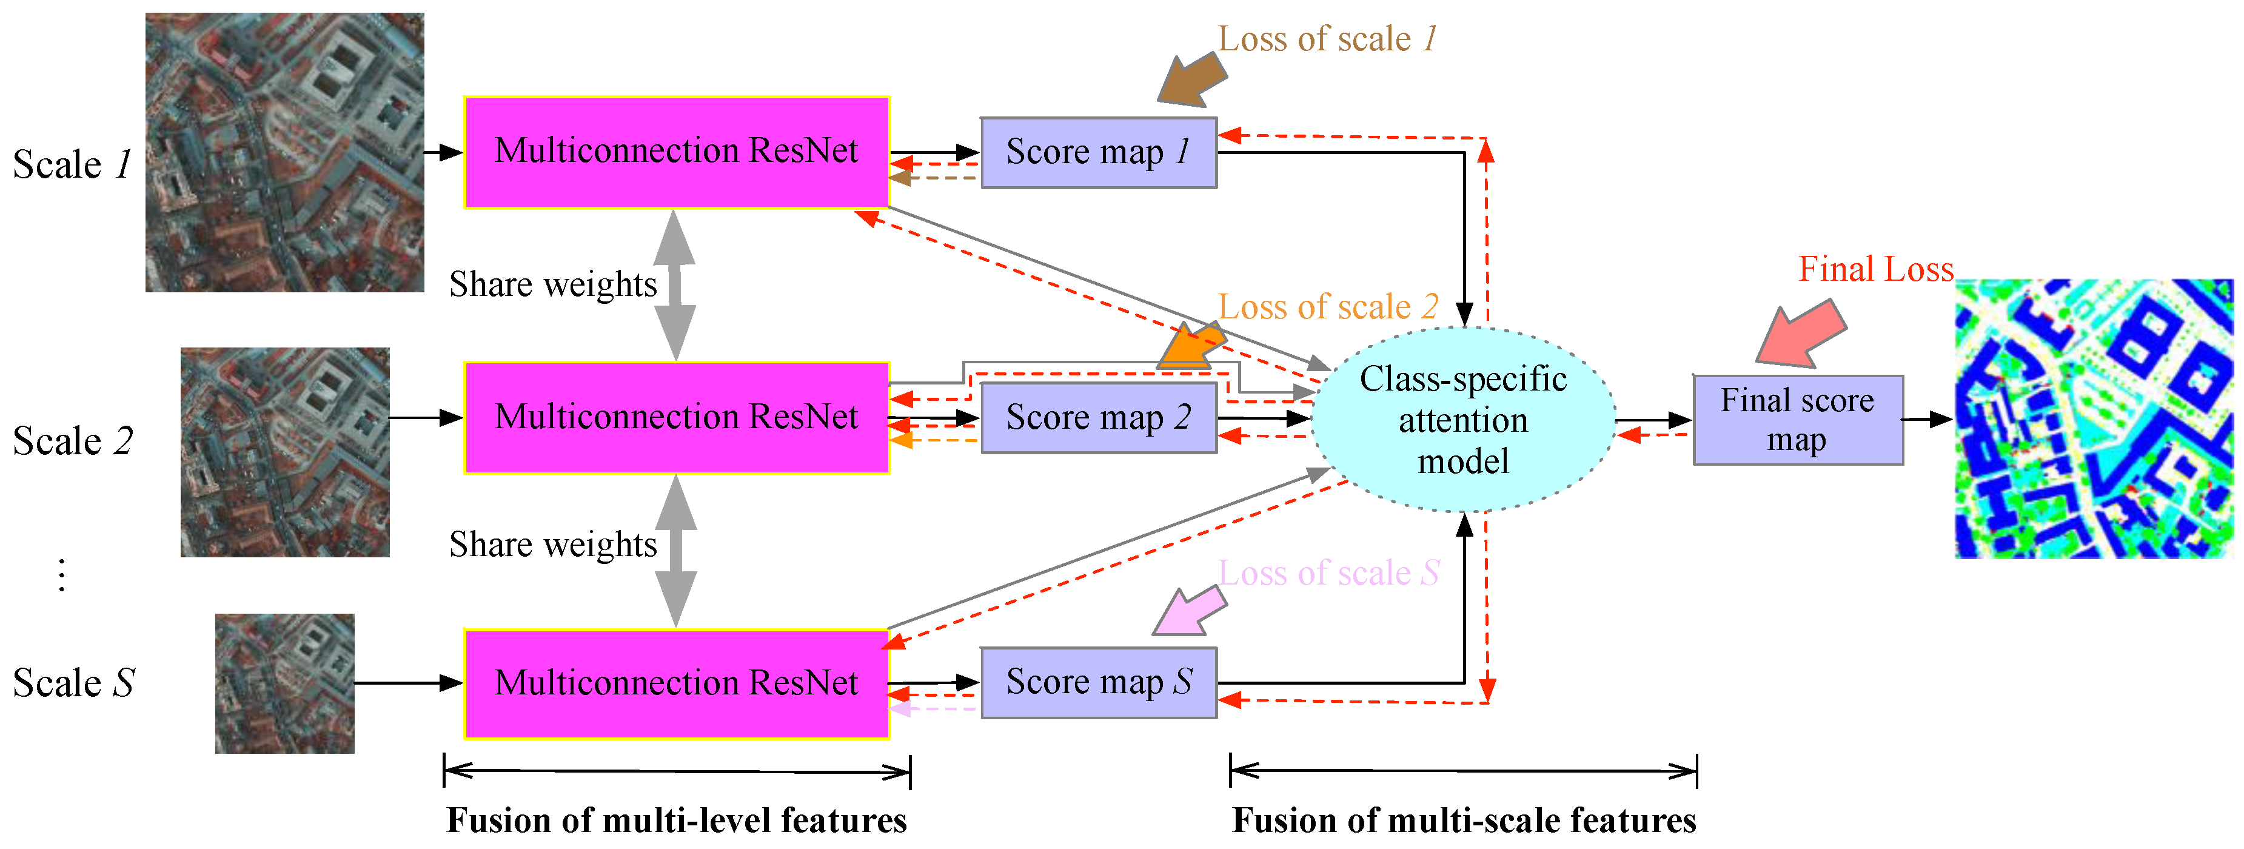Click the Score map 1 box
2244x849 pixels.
[x=1099, y=153]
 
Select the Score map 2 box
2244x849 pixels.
[x=1099, y=418]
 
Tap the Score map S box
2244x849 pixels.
[x=1099, y=682]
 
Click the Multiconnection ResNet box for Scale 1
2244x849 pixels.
[x=676, y=152]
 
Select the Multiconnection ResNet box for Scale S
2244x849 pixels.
[x=676, y=683]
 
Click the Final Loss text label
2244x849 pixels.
[x=1875, y=269]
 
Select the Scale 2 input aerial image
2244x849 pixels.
[x=285, y=452]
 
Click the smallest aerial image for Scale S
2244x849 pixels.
[x=285, y=683]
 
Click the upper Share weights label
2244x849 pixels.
[x=552, y=285]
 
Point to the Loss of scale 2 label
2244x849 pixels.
[x=1328, y=307]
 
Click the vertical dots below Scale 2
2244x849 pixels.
[x=61, y=576]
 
